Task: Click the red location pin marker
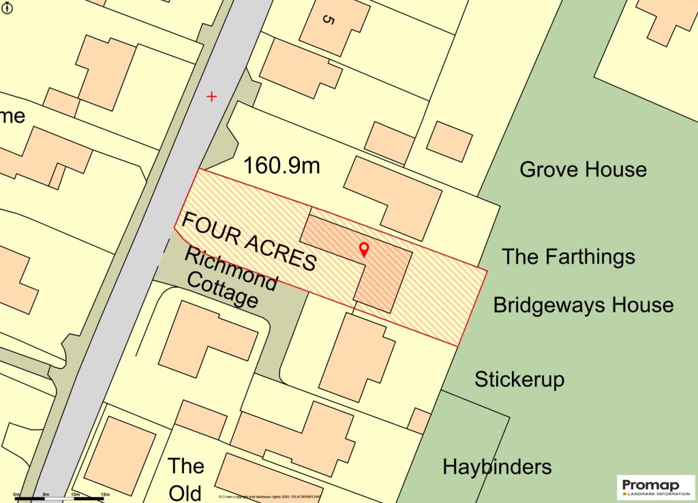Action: coord(364,249)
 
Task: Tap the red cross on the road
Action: coord(211,97)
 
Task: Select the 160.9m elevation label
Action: coord(282,165)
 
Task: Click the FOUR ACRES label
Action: coord(249,241)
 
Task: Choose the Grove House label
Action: coord(583,169)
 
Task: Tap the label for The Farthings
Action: coord(568,256)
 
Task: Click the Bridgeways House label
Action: coord(583,304)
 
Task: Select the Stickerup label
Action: coord(519,379)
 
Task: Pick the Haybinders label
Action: coord(497,467)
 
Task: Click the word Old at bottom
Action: coord(185,493)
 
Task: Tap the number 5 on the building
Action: coord(328,20)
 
